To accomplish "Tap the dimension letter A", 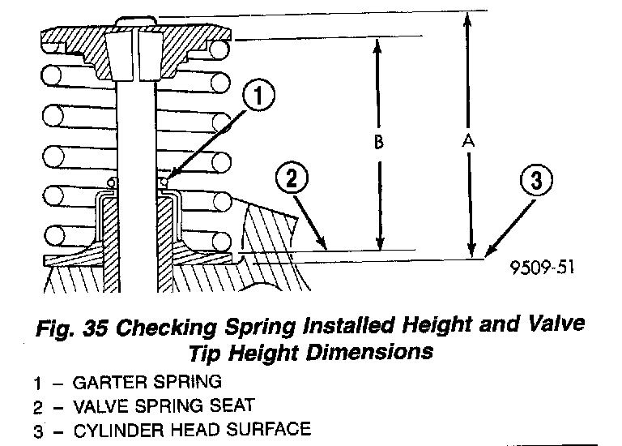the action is [467, 140].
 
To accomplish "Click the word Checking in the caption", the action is [164, 329].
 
